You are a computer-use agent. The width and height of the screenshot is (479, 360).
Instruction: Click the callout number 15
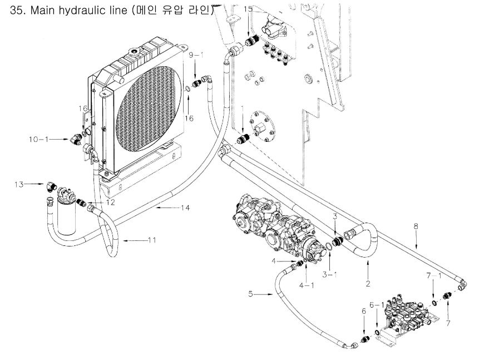[248, 9]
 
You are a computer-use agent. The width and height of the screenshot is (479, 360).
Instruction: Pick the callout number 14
[185, 208]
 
